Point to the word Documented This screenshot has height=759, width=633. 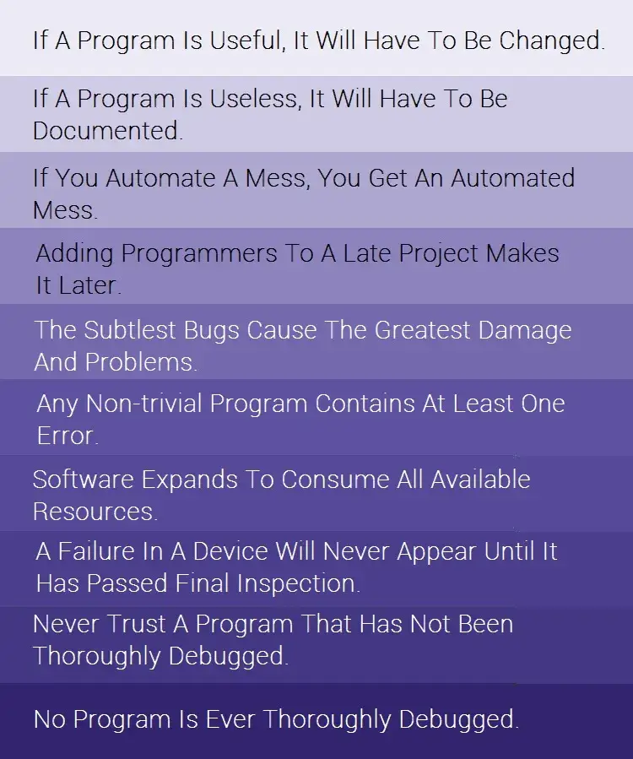tap(107, 131)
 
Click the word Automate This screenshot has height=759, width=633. tap(160, 177)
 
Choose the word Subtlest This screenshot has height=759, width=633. tap(129, 330)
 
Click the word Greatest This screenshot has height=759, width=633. tap(422, 330)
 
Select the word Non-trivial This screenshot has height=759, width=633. tap(143, 404)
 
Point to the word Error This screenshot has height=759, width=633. tap(68, 436)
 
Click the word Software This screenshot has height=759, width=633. tap(84, 480)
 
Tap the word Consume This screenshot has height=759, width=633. tap(336, 480)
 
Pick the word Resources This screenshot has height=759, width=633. tap(95, 512)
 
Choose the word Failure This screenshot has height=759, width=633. tap(96, 551)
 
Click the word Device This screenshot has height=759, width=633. tap(230, 551)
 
